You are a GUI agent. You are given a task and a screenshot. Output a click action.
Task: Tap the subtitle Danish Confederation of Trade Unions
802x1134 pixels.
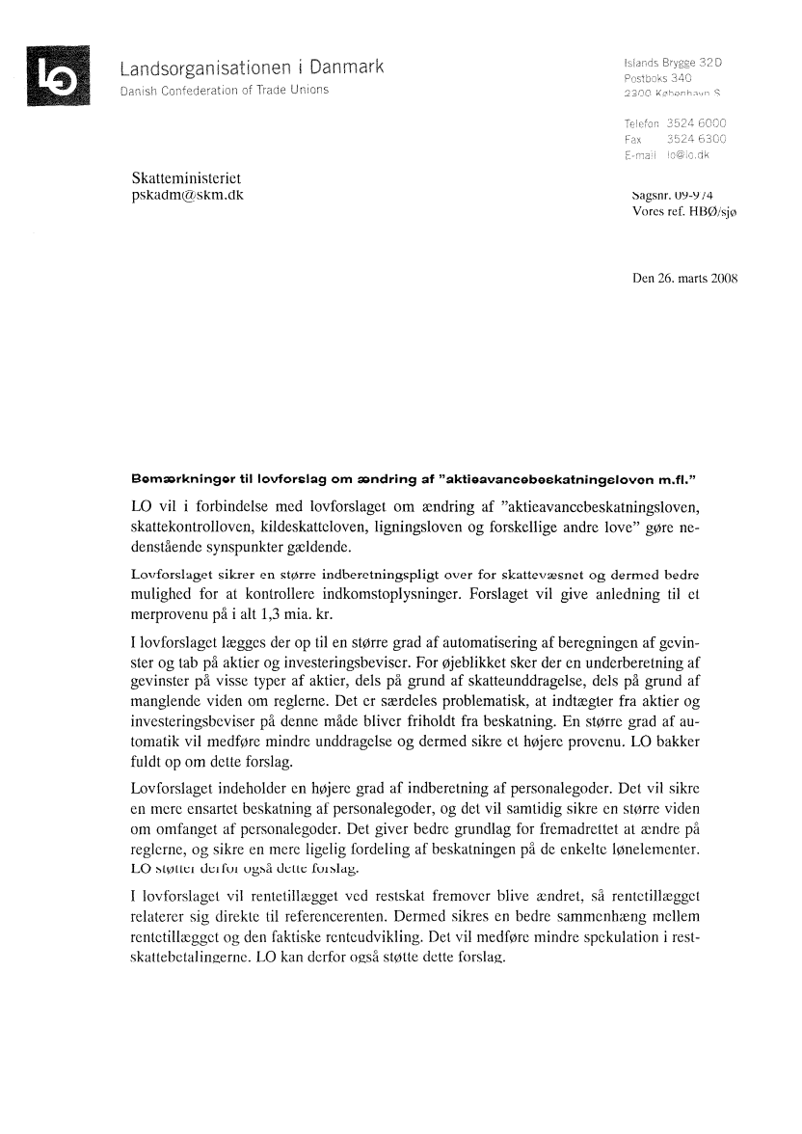coord(225,91)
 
